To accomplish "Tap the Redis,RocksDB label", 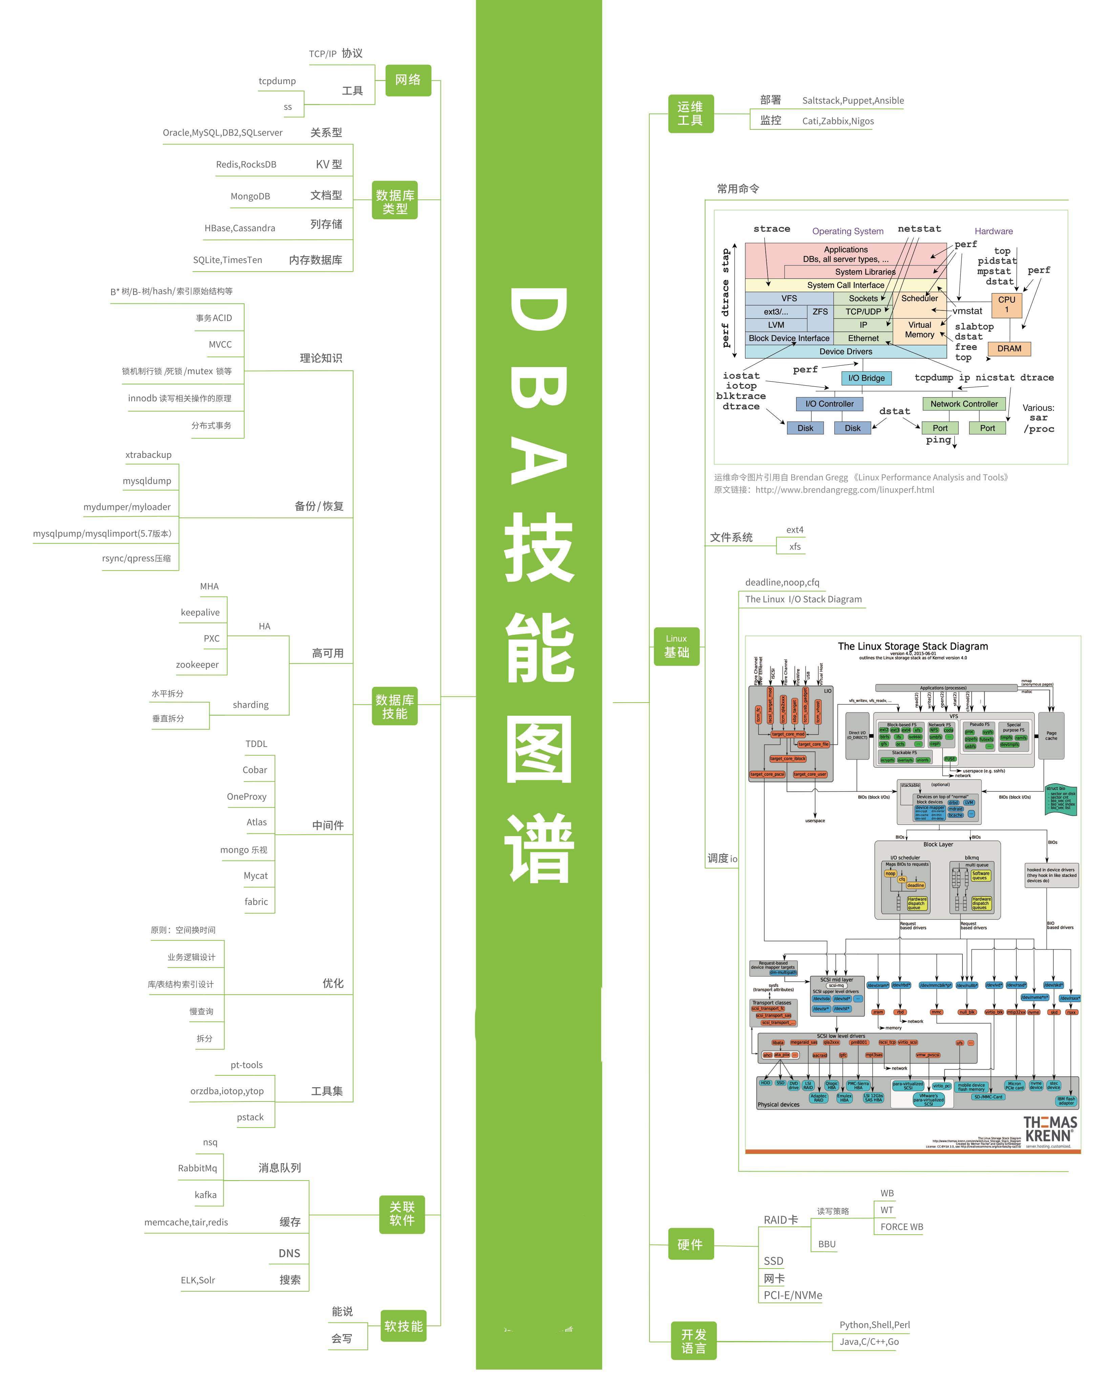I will pos(246,165).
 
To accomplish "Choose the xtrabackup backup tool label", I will pos(149,455).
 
